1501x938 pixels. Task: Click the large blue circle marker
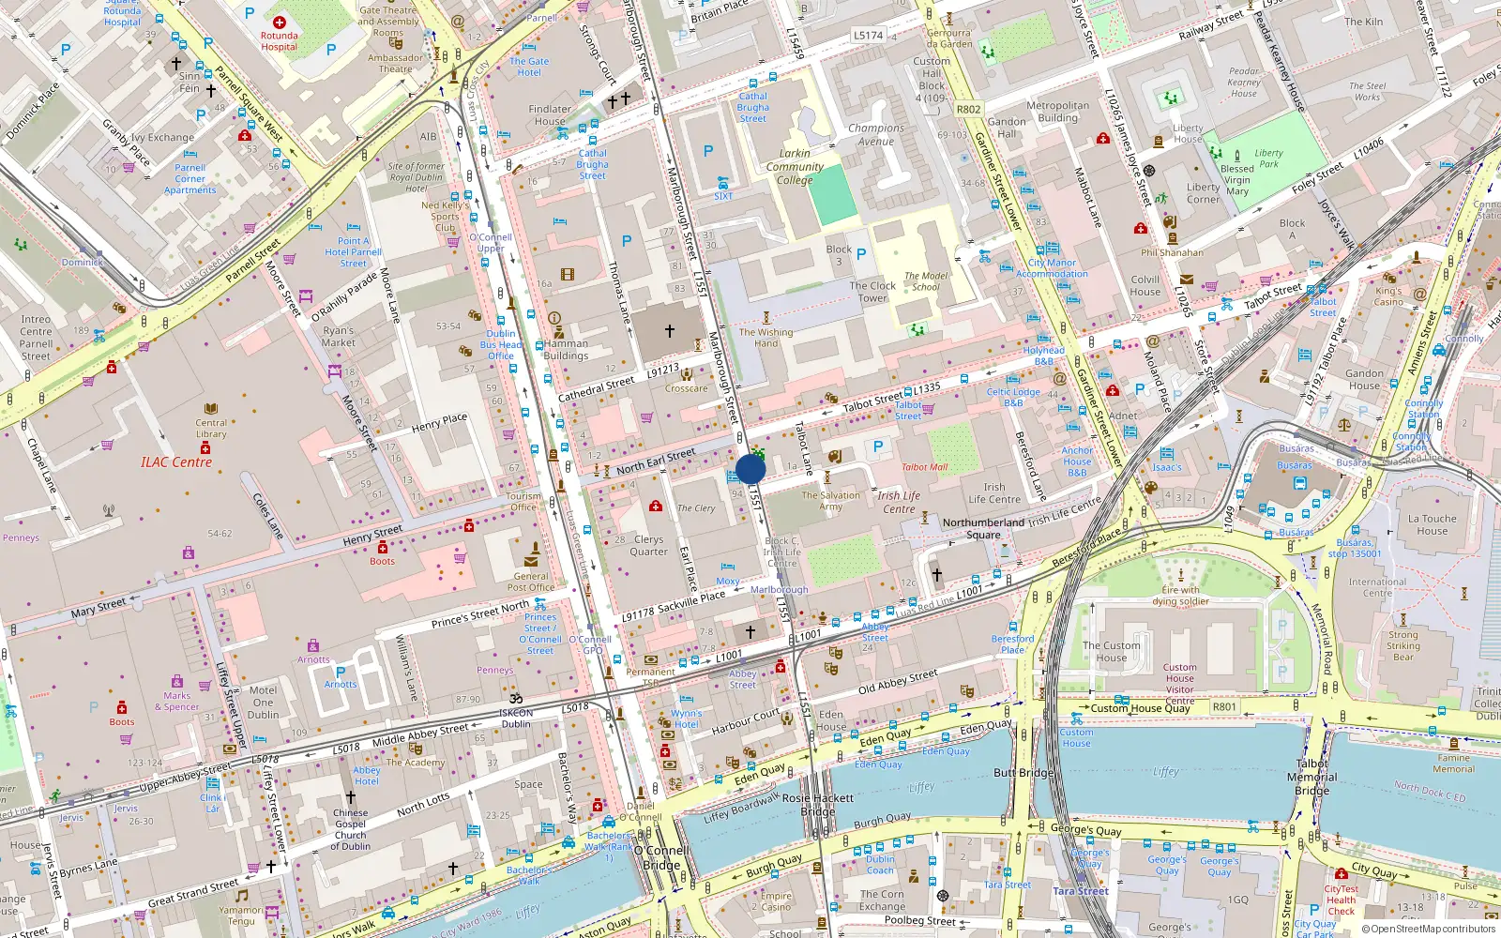click(x=750, y=469)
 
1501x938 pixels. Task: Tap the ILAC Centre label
click(x=176, y=461)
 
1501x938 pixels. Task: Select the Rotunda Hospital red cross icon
click(x=280, y=22)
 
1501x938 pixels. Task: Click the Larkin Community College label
click(x=795, y=167)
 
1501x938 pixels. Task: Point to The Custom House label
click(x=1112, y=651)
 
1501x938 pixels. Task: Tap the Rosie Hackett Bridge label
click(x=818, y=804)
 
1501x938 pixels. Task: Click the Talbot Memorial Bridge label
click(x=1312, y=777)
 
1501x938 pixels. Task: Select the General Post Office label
click(x=531, y=582)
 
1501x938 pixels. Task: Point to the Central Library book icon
click(x=211, y=409)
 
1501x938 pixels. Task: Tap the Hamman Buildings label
click(x=566, y=349)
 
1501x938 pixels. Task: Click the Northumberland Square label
click(x=983, y=528)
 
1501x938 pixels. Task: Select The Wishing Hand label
click(x=766, y=338)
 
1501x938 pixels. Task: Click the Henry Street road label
click(x=372, y=536)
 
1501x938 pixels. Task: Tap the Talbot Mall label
click(x=924, y=467)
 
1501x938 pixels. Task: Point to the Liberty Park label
click(x=1268, y=158)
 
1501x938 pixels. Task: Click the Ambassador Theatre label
click(x=395, y=63)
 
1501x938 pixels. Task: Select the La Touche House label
click(x=1432, y=524)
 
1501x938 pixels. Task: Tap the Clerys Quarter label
click(x=648, y=545)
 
